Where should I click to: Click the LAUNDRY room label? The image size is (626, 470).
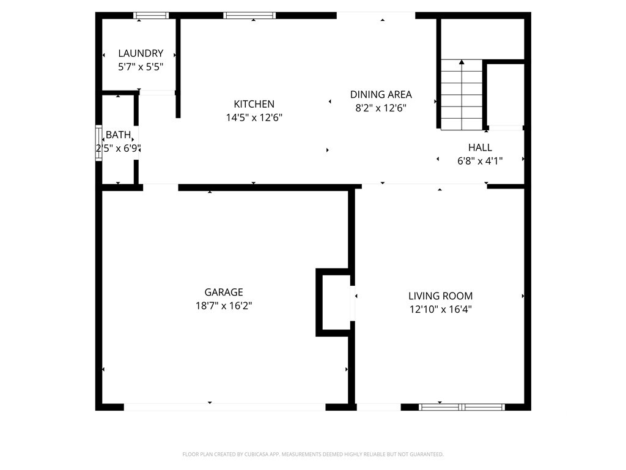(141, 53)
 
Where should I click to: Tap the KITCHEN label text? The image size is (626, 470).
(254, 104)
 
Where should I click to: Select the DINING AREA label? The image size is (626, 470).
(381, 94)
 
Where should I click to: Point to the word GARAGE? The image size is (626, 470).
(224, 292)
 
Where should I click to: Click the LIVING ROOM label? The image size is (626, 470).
(440, 296)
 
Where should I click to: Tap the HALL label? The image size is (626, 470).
(480, 147)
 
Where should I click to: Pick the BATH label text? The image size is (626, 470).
(118, 135)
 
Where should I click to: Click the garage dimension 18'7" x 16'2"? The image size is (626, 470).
(224, 306)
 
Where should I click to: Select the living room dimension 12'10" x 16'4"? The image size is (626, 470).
(440, 309)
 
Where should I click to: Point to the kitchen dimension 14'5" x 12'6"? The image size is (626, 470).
(254, 117)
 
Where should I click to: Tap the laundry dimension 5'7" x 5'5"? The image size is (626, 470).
(141, 67)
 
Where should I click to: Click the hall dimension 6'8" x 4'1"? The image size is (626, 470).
(480, 161)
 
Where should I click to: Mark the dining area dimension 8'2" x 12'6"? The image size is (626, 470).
(381, 108)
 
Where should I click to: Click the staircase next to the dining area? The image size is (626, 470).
(462, 95)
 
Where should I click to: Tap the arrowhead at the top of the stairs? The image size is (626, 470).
(462, 62)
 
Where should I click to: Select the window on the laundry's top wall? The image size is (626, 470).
(151, 15)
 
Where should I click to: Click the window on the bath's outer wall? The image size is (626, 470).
(98, 143)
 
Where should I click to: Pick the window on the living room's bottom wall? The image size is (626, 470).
(462, 407)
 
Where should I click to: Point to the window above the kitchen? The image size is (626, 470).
(249, 15)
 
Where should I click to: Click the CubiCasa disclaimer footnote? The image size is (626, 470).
(313, 455)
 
